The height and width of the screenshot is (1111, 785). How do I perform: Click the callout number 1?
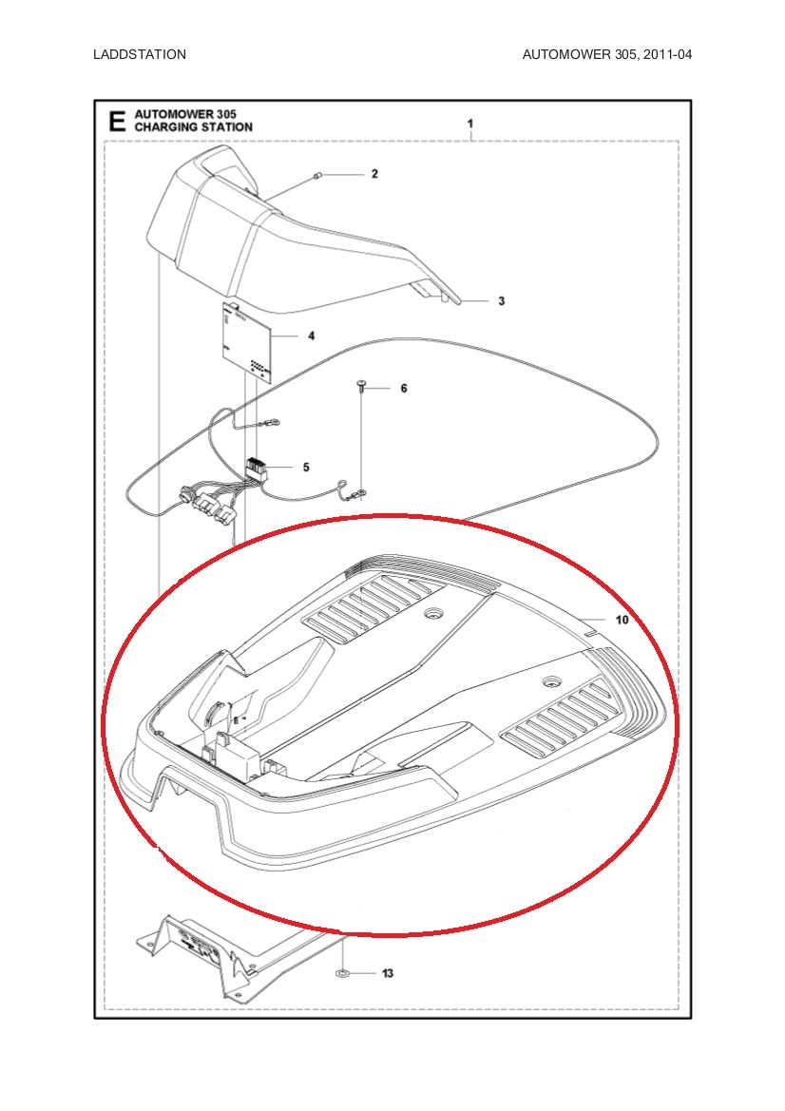click(x=470, y=124)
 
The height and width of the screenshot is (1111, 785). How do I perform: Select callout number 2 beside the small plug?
click(x=374, y=174)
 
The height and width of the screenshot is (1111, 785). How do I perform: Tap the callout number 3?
click(x=501, y=301)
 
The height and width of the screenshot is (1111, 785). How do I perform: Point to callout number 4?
click(x=311, y=335)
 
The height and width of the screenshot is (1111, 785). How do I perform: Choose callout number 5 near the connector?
click(x=305, y=467)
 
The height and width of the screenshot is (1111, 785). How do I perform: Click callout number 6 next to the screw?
click(x=403, y=389)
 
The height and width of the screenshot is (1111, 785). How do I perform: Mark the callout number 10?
click(x=622, y=620)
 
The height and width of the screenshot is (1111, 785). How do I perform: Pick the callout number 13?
click(x=387, y=974)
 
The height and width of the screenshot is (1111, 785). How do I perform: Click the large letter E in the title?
click(x=116, y=122)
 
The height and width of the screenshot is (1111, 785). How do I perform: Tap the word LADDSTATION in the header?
click(x=140, y=54)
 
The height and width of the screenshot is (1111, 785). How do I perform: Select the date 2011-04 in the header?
click(x=666, y=54)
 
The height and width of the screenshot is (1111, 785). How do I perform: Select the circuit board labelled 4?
click(x=246, y=340)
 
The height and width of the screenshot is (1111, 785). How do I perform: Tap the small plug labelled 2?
click(x=318, y=176)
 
